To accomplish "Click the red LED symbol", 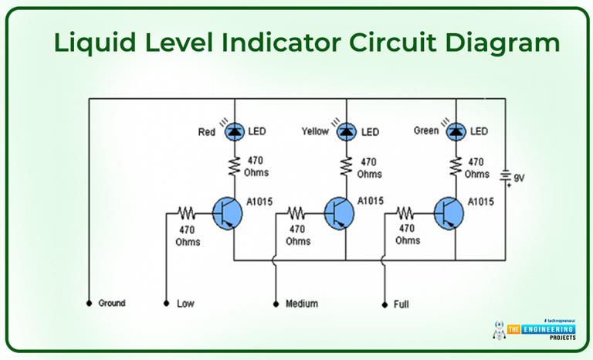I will [x=233, y=132].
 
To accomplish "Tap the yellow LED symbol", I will [x=344, y=132].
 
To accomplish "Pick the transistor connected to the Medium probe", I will [x=339, y=214].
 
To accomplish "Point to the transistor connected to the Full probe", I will [x=449, y=214].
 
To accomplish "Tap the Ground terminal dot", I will [x=89, y=303].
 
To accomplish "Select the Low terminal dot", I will [x=167, y=304].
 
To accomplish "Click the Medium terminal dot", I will [x=276, y=304].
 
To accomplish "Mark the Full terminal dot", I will [x=384, y=304].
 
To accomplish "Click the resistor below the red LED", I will [x=233, y=165].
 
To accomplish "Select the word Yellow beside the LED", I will [x=315, y=132].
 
